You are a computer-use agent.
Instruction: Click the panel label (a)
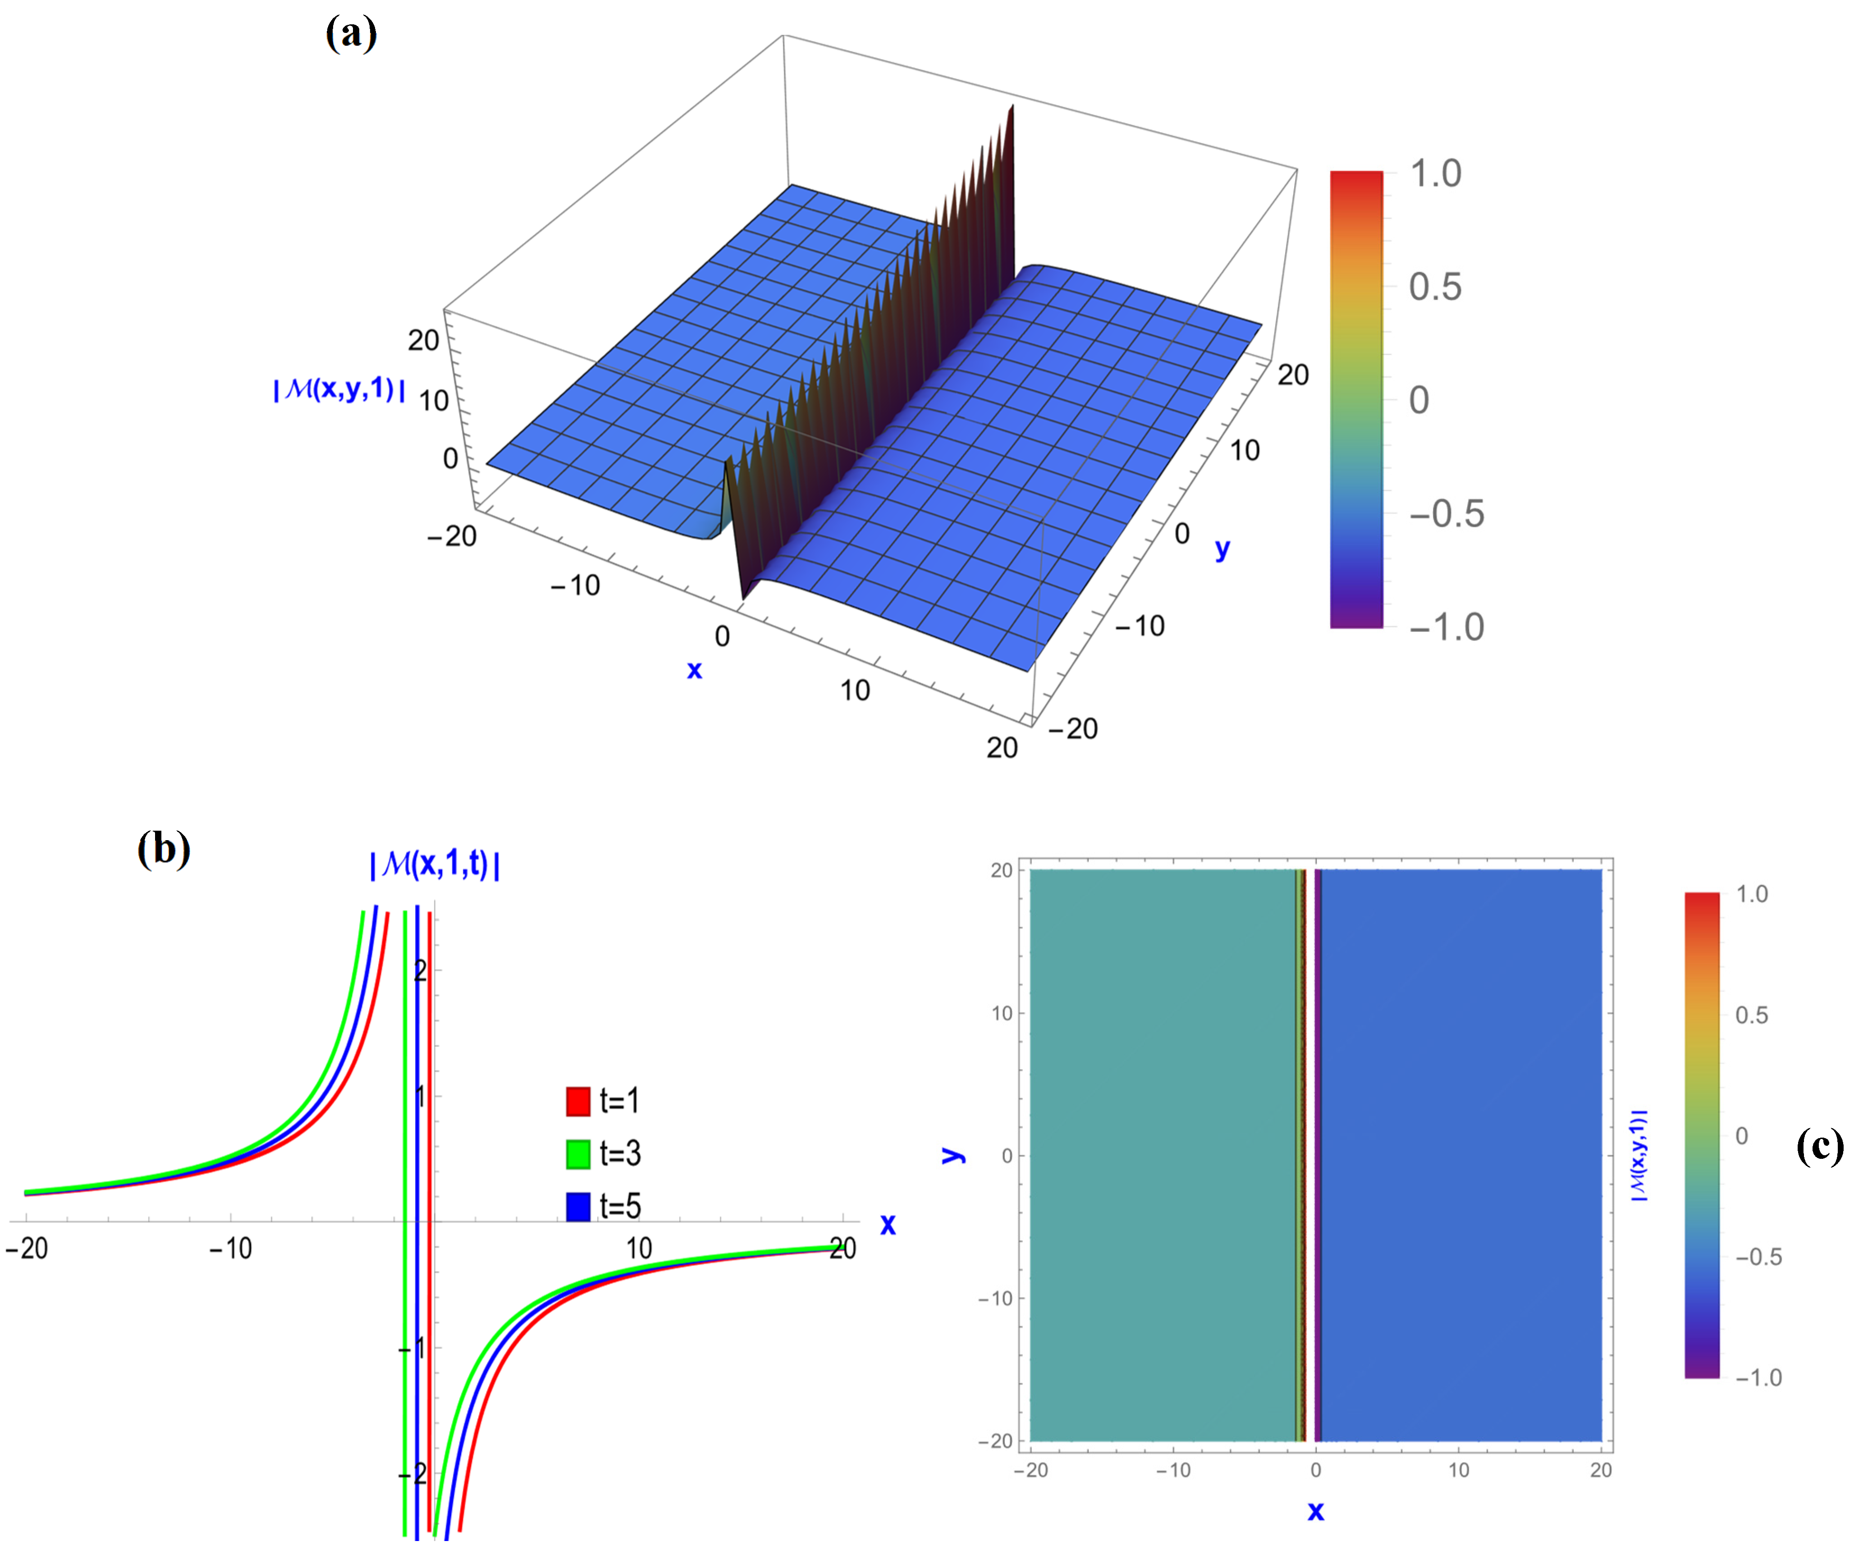[x=352, y=34]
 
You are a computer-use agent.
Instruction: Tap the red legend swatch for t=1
[x=577, y=1101]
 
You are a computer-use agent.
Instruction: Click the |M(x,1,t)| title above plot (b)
[x=435, y=864]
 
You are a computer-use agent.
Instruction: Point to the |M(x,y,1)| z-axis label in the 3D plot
[x=339, y=389]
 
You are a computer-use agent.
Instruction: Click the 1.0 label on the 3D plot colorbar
[x=1436, y=174]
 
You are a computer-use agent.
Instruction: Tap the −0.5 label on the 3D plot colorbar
[x=1446, y=514]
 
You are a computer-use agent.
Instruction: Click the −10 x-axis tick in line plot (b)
[x=230, y=1249]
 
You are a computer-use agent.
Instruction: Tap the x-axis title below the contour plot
[x=1315, y=1512]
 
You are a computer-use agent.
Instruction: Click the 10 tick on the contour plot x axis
[x=1459, y=1470]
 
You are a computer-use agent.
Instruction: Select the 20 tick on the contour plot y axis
[x=1001, y=871]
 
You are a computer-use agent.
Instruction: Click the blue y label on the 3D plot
[x=1222, y=549]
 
